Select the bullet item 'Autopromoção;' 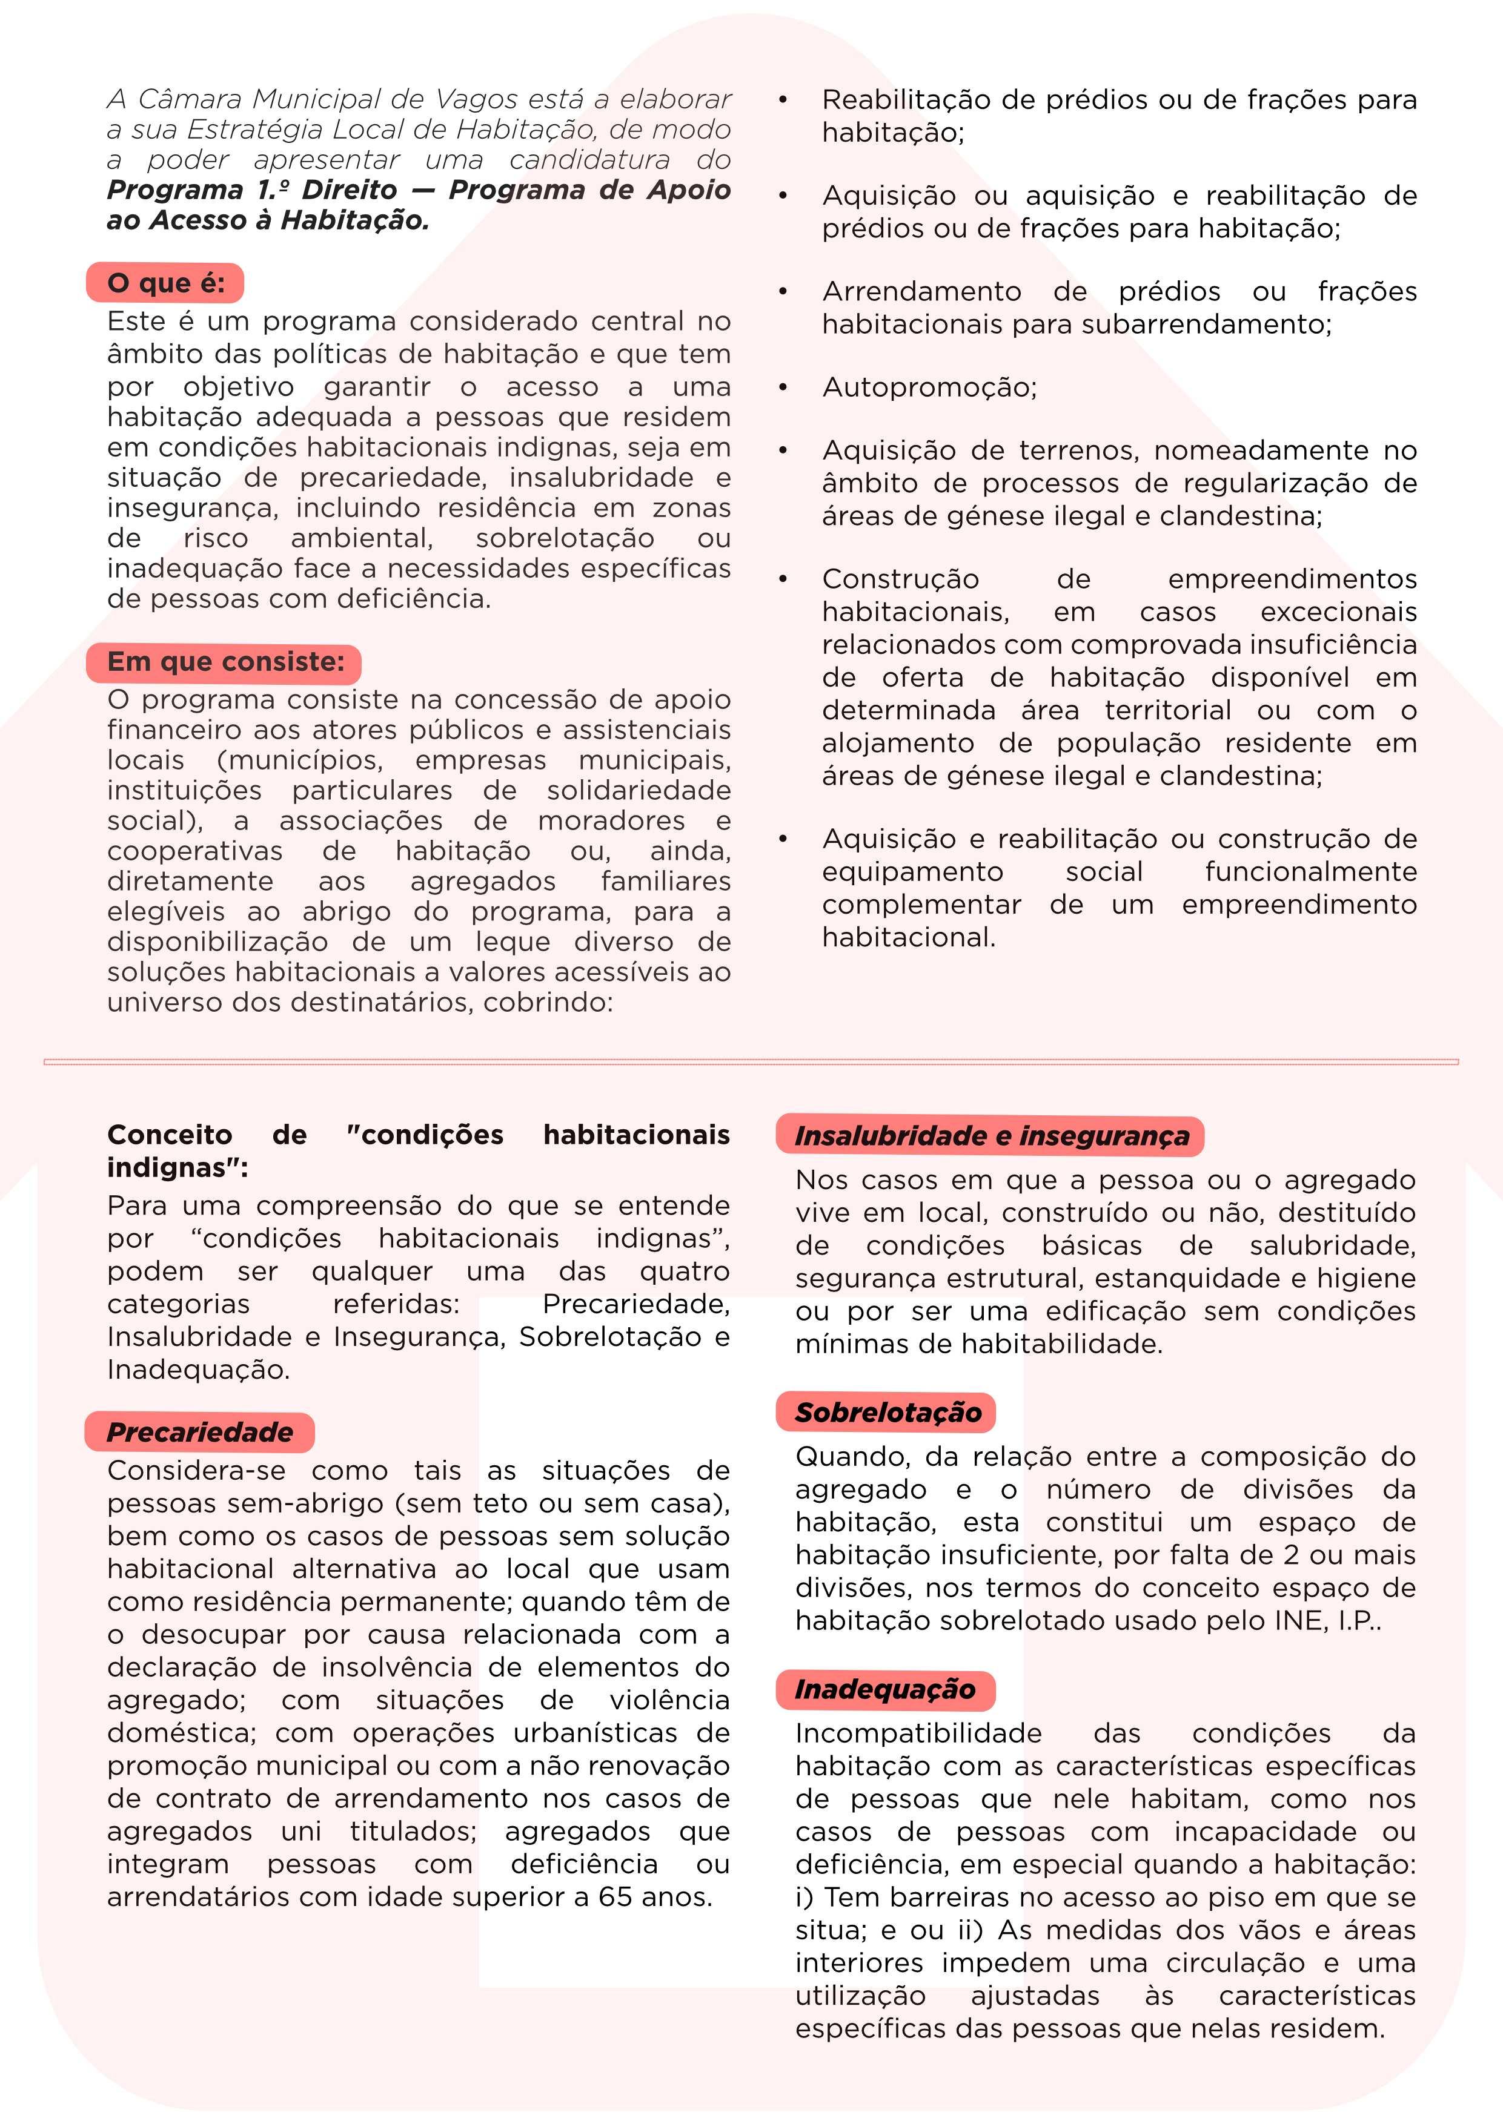point(929,388)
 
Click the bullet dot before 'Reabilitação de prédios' point(783,100)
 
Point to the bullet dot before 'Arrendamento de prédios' point(783,291)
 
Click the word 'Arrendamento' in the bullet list point(922,291)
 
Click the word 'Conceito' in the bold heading point(170,1135)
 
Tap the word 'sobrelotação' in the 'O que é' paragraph point(565,538)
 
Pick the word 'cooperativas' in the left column point(194,851)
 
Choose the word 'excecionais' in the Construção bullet point(1338,612)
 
